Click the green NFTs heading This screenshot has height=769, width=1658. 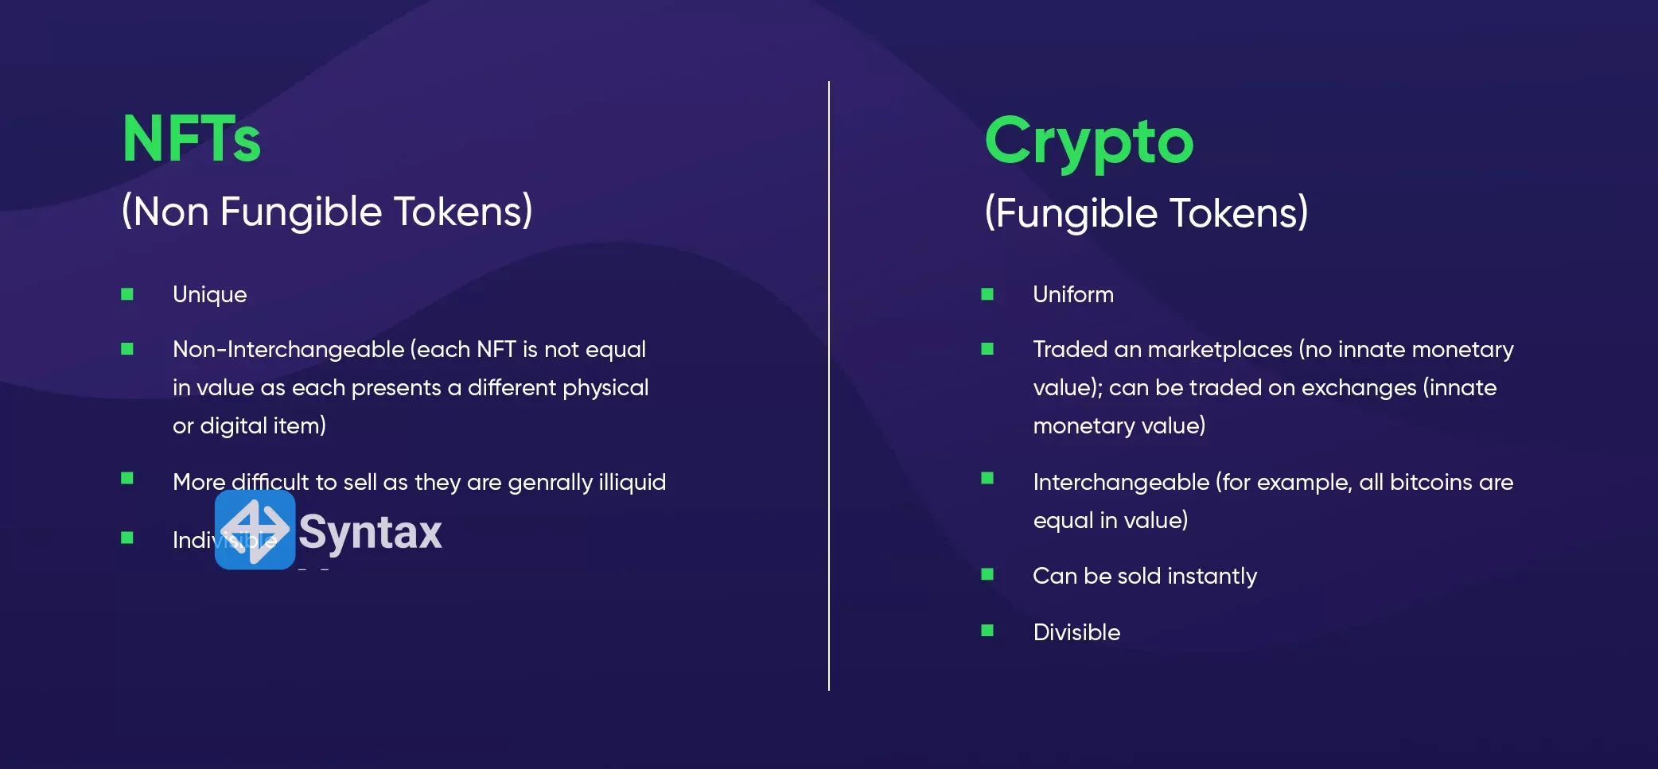pyautogui.click(x=191, y=139)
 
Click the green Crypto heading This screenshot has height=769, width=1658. pyautogui.click(x=1088, y=142)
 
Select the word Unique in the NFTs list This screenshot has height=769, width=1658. pyautogui.click(x=209, y=295)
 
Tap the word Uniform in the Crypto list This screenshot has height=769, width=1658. pyautogui.click(x=1072, y=295)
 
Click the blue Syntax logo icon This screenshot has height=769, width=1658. pyautogui.click(x=255, y=530)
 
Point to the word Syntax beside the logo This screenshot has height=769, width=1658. pyautogui.click(x=370, y=532)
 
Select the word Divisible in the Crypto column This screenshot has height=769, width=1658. pyautogui.click(x=1076, y=633)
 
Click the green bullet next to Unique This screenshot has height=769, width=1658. pyautogui.click(x=127, y=294)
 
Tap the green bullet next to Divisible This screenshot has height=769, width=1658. pyautogui.click(x=987, y=631)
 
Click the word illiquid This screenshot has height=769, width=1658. pyautogui.click(x=632, y=482)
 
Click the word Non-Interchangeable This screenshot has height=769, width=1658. pyautogui.click(x=288, y=350)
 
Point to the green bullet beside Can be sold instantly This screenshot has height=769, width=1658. pyautogui.click(x=987, y=574)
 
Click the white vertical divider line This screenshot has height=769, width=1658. pyautogui.click(x=828, y=382)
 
